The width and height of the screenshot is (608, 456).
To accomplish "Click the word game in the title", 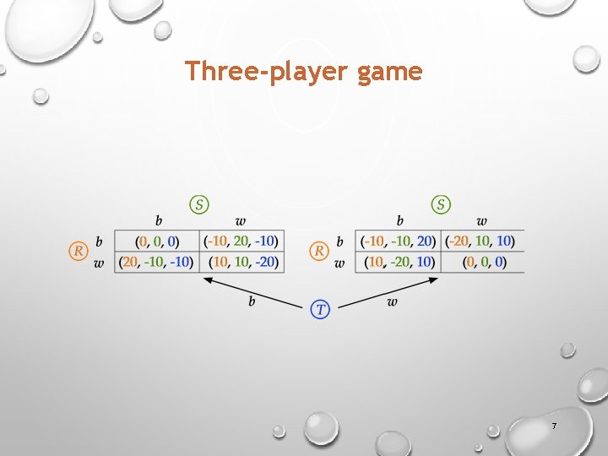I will click(389, 73).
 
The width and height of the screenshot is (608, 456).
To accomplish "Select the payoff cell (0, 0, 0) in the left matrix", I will click(157, 242).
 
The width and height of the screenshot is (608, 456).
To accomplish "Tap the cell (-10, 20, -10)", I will click(242, 242).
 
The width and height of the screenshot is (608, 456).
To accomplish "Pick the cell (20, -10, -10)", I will click(157, 262).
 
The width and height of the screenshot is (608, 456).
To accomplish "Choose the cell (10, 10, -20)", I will click(242, 262).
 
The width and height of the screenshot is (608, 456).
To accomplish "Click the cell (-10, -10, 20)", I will click(399, 242).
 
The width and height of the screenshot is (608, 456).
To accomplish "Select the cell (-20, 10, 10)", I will click(481, 242).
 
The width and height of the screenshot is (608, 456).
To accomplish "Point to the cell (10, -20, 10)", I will click(399, 262).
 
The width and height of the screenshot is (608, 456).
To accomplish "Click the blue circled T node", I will click(320, 309).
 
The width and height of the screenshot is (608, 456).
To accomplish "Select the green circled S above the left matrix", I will click(199, 204).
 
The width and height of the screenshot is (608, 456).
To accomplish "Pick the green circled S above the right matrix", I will click(441, 204).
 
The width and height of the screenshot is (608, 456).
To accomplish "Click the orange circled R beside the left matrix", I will click(78, 251).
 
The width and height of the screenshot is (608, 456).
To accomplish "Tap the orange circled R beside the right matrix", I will click(319, 251).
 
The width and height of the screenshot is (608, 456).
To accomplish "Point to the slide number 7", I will click(554, 426).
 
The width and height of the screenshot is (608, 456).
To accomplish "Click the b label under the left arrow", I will click(252, 301).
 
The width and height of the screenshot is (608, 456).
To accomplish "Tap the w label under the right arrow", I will click(392, 301).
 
